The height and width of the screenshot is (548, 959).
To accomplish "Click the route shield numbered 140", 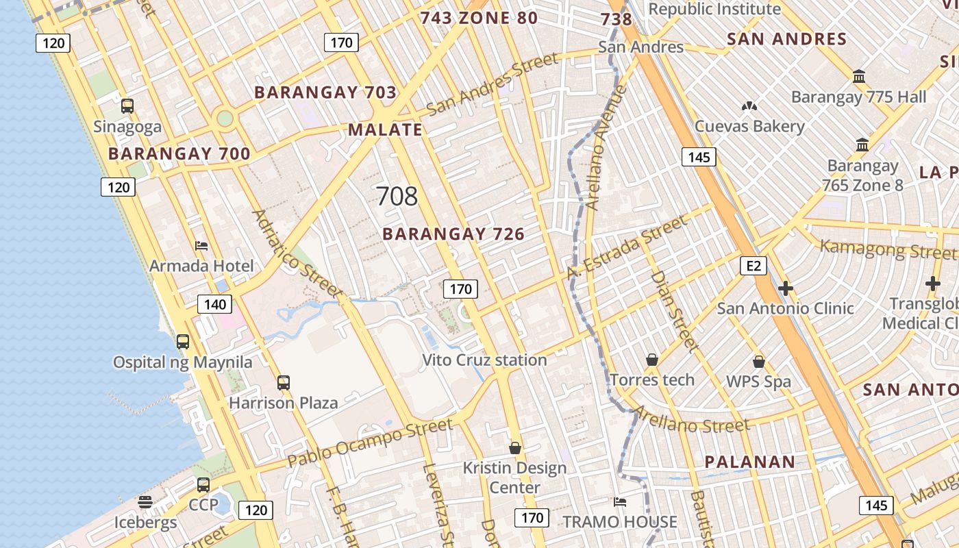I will click(215, 304).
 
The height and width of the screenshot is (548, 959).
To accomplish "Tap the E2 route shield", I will click(754, 266).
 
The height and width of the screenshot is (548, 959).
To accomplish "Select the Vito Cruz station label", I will click(484, 360).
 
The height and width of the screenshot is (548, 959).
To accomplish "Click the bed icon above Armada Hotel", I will click(201, 245).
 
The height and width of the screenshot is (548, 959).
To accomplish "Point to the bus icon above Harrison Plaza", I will click(284, 382).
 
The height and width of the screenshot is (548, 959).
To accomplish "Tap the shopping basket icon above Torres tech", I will click(652, 360).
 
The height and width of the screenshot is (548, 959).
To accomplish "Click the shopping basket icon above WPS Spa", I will click(759, 361).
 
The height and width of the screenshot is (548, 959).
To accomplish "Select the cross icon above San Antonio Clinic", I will click(786, 288).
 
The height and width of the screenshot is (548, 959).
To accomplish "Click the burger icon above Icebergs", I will click(145, 502).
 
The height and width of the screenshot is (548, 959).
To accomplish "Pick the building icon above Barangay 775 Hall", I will click(859, 75).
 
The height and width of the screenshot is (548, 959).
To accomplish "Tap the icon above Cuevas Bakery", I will click(749, 106).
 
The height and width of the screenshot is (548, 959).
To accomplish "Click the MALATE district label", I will click(385, 129).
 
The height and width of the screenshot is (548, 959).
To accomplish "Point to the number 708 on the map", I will click(397, 197).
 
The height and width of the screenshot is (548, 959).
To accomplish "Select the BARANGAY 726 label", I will click(453, 234).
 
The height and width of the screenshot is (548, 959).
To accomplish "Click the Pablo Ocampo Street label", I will click(370, 444).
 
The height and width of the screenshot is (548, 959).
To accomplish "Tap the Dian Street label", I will click(673, 310).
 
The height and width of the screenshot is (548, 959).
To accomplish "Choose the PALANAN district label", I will click(750, 462).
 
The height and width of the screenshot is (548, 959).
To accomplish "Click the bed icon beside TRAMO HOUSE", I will click(620, 501).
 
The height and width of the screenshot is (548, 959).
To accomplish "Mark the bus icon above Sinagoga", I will click(127, 105).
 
